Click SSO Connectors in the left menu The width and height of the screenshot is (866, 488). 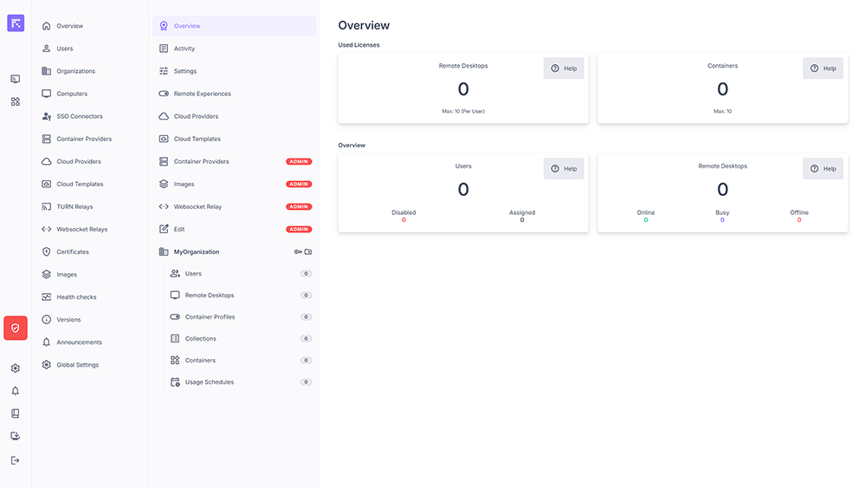(79, 116)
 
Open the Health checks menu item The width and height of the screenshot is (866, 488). (76, 297)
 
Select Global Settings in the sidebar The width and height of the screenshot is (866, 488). (77, 365)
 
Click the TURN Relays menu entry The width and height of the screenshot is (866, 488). (74, 207)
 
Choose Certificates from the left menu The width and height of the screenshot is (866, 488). (73, 252)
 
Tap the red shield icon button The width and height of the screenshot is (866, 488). (16, 328)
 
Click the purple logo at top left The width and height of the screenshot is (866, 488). (16, 23)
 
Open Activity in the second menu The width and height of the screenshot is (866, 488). (184, 49)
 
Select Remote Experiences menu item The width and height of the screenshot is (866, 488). (202, 94)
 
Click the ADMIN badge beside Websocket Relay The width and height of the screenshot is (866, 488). (299, 207)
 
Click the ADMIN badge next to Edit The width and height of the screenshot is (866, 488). (299, 230)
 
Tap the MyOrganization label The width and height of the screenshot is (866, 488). (197, 252)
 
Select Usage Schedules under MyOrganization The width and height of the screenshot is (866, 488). (209, 382)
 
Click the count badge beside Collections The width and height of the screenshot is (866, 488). (306, 339)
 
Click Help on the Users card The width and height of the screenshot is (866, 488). (564, 169)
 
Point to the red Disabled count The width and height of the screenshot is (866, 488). (404, 220)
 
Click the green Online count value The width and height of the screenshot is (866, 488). (646, 220)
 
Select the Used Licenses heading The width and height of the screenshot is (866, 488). (359, 45)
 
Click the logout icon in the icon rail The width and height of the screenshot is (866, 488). (16, 460)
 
